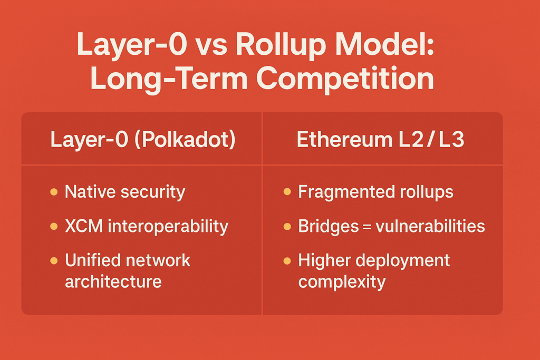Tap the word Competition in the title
[345, 80]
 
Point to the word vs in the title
[211, 47]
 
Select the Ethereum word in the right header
[344, 140]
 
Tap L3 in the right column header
[451, 140]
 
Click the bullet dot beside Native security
[54, 192]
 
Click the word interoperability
[168, 227]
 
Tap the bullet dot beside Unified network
[54, 260]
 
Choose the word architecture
[113, 281]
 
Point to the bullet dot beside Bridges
[287, 227]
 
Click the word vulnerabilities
[430, 226]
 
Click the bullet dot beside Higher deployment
[287, 261]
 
